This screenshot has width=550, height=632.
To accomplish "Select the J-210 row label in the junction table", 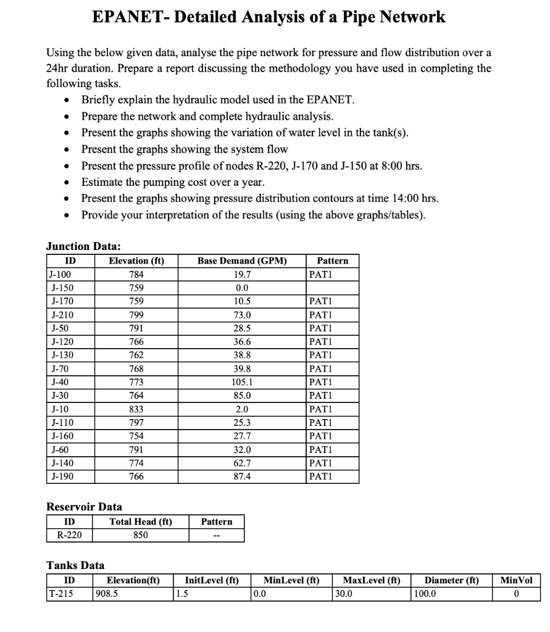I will pos(60,315).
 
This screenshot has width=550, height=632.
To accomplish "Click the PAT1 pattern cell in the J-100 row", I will pos(320,274).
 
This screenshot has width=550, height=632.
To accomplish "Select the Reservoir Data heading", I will pos(85,507).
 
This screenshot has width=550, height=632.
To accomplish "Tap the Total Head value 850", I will pos(141,535).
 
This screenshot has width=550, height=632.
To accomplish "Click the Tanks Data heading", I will pos(75,565).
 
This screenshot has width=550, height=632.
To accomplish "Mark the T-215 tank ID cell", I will pos(60,594).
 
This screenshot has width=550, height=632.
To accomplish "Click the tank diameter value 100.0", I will pos(424,594).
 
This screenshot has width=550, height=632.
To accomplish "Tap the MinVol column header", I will pos(516,580).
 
